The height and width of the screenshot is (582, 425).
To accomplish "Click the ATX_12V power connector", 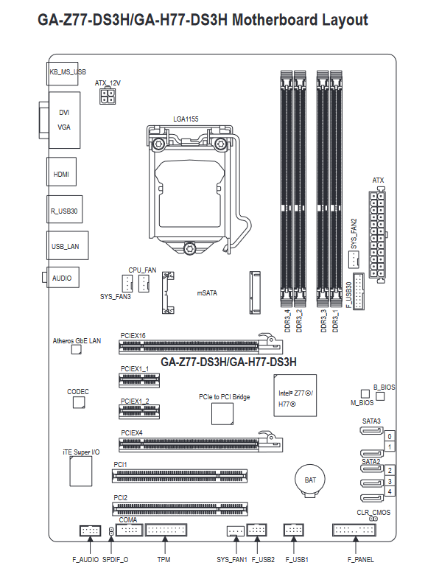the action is click(108, 96).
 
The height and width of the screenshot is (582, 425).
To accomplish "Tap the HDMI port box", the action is click(62, 172).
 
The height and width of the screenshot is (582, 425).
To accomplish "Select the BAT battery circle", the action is click(310, 480).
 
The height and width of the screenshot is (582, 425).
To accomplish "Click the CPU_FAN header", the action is click(144, 284).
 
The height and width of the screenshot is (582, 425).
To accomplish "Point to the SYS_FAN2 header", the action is click(354, 259).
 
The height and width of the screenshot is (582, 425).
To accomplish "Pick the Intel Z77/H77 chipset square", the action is click(295, 396).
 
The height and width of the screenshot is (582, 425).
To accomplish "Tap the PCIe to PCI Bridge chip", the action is click(222, 413).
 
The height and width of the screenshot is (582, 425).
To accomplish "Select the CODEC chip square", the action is click(79, 402).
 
